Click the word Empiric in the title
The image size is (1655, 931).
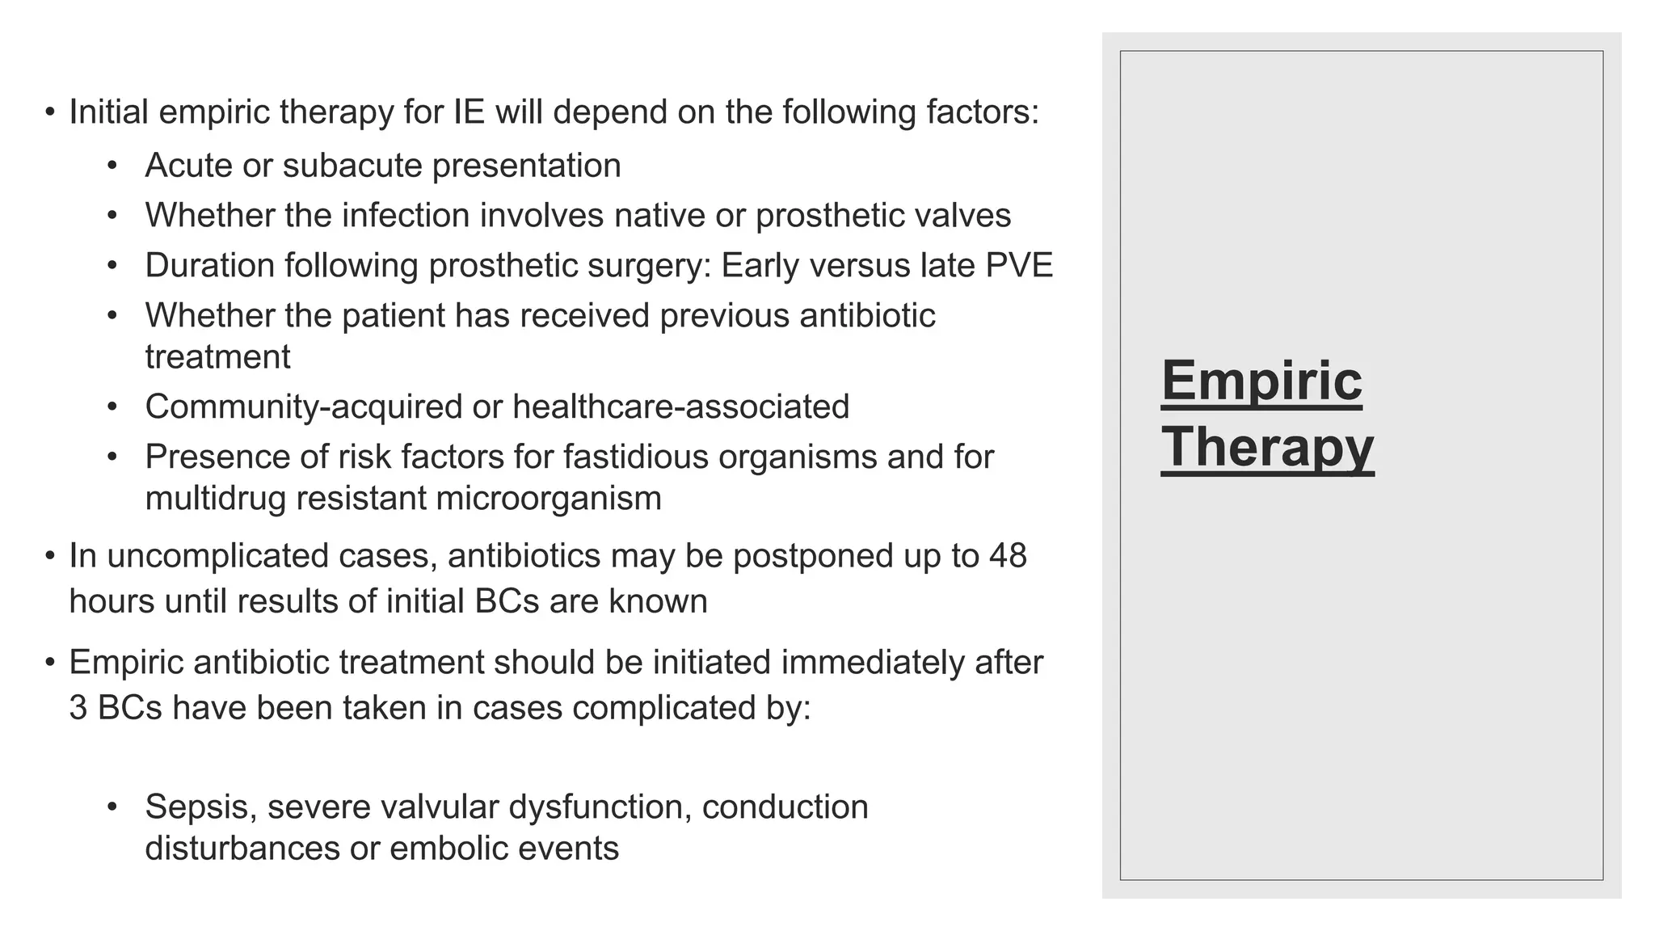pos(1261,381)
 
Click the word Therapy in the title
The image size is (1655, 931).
pos(1266,447)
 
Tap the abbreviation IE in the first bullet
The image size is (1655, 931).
pos(469,112)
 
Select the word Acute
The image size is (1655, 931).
pos(188,166)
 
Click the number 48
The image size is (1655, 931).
pos(1007,556)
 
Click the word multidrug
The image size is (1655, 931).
pos(215,498)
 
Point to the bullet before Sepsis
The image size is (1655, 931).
pos(112,807)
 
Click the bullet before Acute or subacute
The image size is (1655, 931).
pos(112,166)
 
